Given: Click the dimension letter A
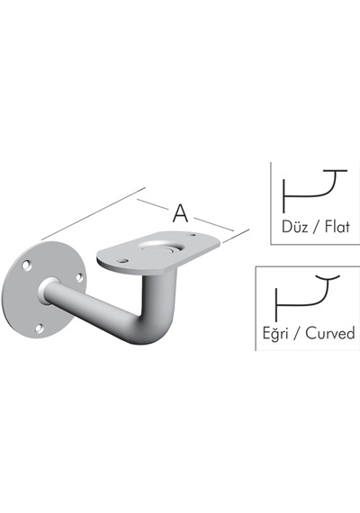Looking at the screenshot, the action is coord(180,213).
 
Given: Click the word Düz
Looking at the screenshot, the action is coord(294,227).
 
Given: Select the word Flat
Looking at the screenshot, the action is coord(337,227).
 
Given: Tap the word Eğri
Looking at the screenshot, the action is coord(275,333).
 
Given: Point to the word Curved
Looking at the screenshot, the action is coord(330,333).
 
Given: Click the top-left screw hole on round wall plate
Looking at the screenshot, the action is coord(27,265).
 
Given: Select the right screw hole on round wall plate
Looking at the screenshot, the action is coord(79,277).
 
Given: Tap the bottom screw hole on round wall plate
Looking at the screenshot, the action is coord(40,328).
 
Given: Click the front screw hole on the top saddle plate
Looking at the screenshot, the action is coord(122,261).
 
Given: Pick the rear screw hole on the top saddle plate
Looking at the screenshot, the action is coord(193,235).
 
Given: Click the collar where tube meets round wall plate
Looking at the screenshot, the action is coord(48,291).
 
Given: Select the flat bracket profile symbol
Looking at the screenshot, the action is coord(314,191).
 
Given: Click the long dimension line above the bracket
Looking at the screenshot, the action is coord(94,214).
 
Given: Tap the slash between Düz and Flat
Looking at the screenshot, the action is coord(316,227).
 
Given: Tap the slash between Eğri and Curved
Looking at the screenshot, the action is coord(297,333).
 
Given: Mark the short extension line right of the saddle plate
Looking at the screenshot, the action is coord(236,236).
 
